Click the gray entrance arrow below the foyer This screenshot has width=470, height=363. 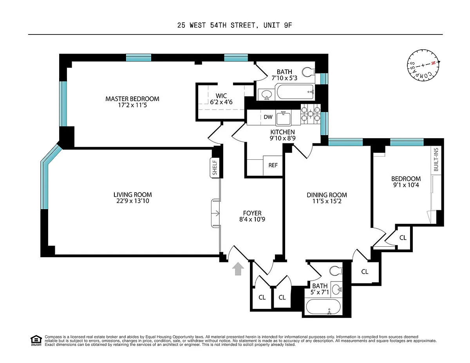[238, 269]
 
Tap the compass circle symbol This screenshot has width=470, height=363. [423, 65]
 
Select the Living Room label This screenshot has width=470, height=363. [133, 195]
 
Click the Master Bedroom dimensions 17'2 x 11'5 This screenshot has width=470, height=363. [132, 105]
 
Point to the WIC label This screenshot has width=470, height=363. [221, 96]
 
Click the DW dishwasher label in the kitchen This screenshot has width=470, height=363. [268, 117]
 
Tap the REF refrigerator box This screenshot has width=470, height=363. [273, 165]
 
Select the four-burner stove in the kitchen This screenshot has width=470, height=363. [311, 114]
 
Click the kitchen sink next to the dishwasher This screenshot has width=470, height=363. [283, 118]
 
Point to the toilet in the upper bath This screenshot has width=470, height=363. [308, 72]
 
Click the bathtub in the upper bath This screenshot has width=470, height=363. [295, 92]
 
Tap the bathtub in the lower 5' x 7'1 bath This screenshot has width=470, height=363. [324, 306]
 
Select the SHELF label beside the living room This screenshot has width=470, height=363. [215, 168]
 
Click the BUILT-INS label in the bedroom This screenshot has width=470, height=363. [436, 159]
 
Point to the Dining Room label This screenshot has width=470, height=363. [327, 195]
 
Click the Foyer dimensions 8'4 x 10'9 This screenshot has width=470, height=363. [252, 219]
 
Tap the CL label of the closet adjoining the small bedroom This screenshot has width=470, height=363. [403, 238]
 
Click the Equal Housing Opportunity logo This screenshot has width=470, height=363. [36, 341]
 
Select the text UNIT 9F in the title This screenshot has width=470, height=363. [278, 25]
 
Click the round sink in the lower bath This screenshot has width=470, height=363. [336, 289]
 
